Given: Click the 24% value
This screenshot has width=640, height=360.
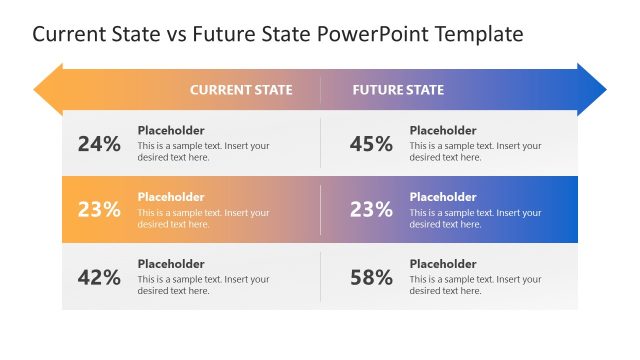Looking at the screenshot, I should click(99, 144).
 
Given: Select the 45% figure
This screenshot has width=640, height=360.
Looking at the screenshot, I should click(371, 144).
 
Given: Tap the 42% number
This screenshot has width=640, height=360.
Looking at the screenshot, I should click(99, 278).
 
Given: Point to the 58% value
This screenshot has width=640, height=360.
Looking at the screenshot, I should click(371, 278).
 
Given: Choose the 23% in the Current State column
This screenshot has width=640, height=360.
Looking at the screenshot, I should click(99, 210).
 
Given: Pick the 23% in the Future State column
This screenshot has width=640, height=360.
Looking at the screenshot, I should click(371, 210).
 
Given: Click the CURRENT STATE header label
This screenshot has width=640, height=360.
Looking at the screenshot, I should click(241, 90).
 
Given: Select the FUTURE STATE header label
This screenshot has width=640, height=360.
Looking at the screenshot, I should click(398, 90).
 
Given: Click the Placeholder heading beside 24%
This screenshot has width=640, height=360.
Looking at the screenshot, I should click(171, 130).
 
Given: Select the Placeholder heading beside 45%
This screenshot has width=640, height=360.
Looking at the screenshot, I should click(443, 130).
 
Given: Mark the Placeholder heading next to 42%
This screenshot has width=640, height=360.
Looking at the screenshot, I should click(171, 264).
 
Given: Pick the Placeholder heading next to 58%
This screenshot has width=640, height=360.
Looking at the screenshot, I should click(443, 264).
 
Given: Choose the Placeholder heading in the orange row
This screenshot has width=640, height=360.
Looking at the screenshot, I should click(171, 197).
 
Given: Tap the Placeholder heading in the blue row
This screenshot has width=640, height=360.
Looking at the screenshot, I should click(443, 197).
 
